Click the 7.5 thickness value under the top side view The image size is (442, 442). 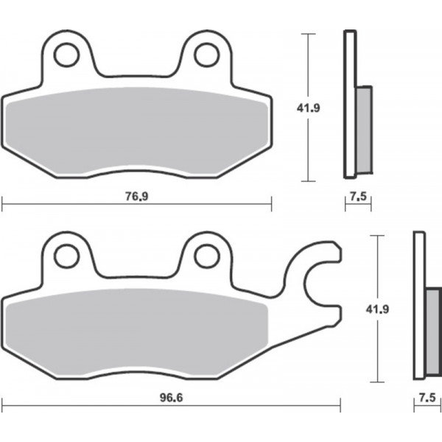(x=357, y=197)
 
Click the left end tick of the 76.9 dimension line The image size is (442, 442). (x=2, y=204)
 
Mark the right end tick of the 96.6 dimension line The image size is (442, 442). (x=340, y=404)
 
